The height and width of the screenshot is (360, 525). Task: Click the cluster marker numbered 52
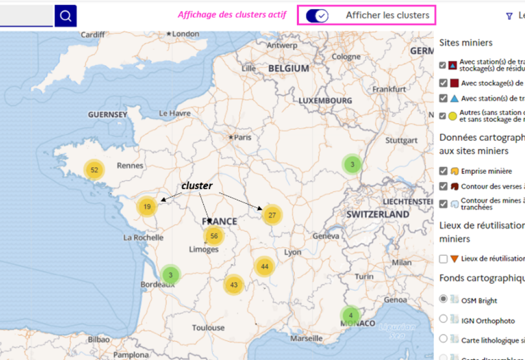click(94, 170)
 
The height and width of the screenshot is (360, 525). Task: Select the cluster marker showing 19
click(147, 206)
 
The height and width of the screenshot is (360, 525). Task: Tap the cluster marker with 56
click(214, 236)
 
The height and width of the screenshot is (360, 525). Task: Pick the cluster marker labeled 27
click(272, 215)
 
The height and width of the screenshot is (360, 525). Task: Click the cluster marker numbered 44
click(265, 266)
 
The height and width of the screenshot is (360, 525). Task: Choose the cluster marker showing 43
click(233, 285)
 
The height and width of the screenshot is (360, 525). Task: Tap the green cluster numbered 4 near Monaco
click(350, 316)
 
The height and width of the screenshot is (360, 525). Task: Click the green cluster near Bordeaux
click(170, 275)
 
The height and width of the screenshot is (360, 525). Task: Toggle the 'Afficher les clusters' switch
click(318, 16)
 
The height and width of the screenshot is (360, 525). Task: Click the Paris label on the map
click(243, 137)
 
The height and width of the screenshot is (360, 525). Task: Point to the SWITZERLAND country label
click(377, 214)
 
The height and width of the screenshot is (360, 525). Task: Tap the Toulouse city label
click(208, 328)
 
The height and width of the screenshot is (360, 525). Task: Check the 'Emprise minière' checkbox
click(443, 171)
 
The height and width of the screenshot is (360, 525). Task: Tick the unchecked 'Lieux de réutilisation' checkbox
click(443, 259)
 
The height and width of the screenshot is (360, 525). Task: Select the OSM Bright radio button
click(443, 299)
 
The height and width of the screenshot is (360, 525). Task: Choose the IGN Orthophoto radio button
click(443, 319)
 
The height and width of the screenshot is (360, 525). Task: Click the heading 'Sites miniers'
click(466, 43)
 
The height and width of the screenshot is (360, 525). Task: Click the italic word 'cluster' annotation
click(197, 186)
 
